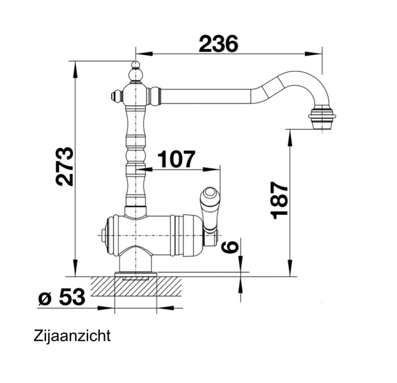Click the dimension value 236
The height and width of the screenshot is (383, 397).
[218, 43]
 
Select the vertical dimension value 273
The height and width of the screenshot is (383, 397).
[65, 168]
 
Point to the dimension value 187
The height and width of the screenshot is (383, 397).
[279, 199]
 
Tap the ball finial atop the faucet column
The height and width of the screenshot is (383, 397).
[135, 66]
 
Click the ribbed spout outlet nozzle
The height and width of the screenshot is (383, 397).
[322, 118]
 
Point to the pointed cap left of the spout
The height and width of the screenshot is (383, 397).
[114, 97]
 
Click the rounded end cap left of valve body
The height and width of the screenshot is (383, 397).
[105, 235]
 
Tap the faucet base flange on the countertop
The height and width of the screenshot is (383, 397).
[135, 276]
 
